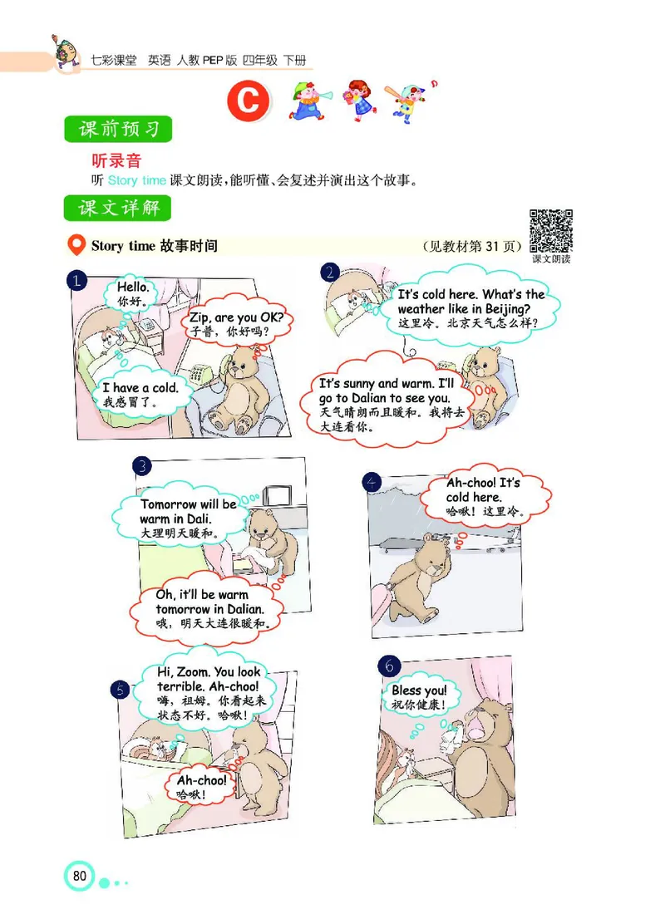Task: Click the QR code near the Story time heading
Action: coord(551,230)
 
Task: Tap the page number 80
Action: coord(80,876)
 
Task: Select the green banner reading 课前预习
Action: coord(118,130)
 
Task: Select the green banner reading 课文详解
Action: coord(118,207)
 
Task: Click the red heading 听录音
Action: coord(116,160)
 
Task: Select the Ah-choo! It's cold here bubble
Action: coord(483,497)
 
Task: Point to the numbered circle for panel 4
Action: coord(372,483)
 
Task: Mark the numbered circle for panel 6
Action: coord(388,666)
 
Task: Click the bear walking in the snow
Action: coord(424,573)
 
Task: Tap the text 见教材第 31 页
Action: coord(470,247)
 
